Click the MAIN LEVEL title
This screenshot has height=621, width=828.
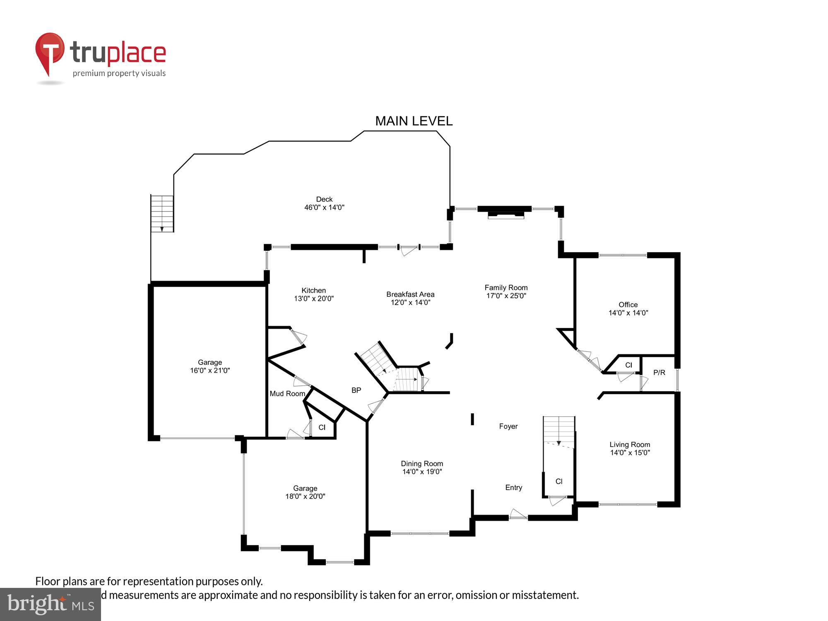414,121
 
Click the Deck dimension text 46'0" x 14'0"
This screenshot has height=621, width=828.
324,207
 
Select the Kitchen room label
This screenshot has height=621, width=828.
313,290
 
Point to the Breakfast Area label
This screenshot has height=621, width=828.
410,294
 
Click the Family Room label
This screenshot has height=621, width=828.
506,287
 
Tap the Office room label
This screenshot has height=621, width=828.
628,305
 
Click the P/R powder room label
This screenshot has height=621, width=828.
659,373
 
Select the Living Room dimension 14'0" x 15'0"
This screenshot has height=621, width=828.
630,453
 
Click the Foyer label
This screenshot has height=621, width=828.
508,426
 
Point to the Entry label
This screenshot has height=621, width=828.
513,488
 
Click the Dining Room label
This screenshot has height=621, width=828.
422,464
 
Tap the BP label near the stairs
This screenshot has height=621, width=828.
356,390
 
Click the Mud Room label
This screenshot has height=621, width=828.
287,394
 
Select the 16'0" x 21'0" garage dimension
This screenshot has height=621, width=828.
210,371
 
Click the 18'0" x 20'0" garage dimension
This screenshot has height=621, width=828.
305,496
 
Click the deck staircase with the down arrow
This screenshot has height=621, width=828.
162,213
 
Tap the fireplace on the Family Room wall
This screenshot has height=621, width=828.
505,214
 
